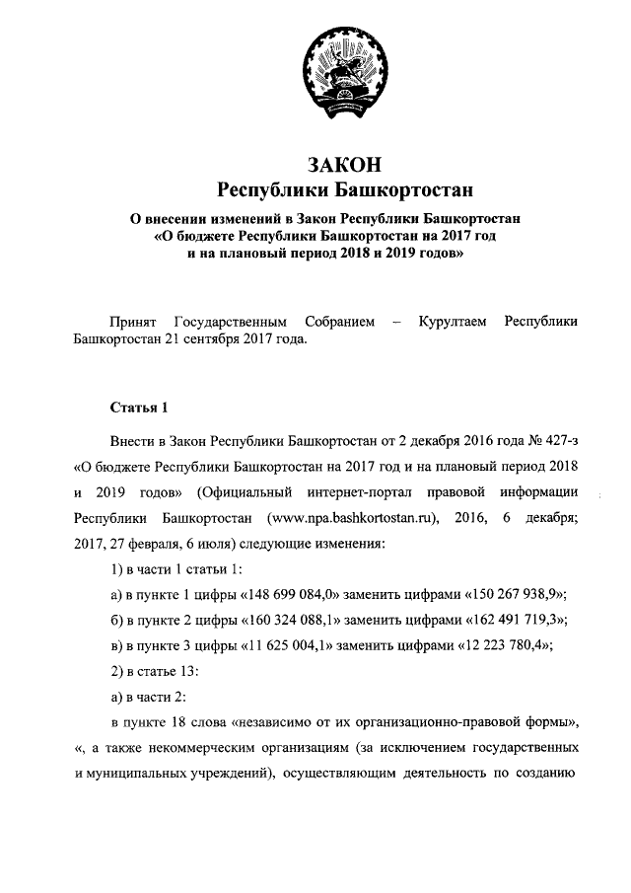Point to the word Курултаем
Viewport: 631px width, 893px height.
453,322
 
